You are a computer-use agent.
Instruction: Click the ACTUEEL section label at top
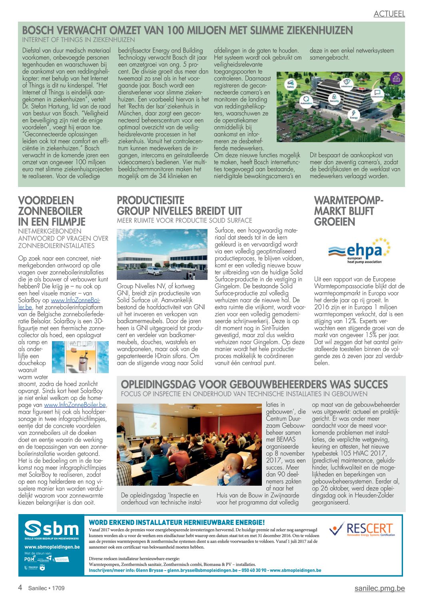point(389,14)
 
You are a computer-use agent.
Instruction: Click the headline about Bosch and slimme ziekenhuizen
point(187,30)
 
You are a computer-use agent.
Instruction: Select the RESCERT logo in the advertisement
point(362,529)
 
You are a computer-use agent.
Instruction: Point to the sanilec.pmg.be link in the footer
point(379,588)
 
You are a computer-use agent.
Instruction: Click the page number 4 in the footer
point(20,588)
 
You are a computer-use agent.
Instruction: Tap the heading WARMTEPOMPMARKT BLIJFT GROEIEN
point(348,211)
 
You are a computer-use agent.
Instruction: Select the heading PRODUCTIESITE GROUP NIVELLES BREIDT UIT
point(179,205)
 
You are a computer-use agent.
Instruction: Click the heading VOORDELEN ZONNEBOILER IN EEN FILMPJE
point(52,211)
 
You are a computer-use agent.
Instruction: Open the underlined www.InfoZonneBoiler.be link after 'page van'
point(75,405)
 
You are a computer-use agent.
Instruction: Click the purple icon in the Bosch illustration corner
point(396,78)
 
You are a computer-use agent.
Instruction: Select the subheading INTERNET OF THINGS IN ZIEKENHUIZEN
point(78,40)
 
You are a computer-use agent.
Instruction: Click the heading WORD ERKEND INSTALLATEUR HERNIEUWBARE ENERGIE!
point(176,522)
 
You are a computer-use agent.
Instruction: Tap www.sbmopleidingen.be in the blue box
point(52,547)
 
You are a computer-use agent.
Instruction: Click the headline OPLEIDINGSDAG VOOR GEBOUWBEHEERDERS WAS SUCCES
point(254,384)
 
